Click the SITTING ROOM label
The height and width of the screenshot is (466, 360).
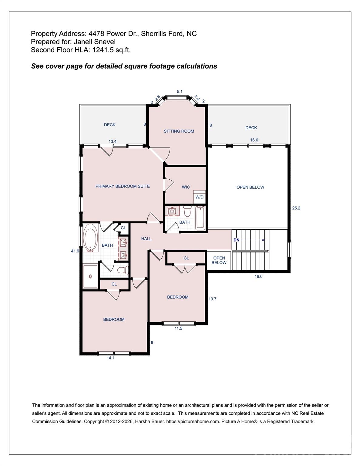point(179,131)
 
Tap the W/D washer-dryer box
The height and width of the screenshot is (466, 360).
point(199,197)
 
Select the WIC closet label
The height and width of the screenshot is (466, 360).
point(186,187)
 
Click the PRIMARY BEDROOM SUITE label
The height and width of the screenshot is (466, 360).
point(123,186)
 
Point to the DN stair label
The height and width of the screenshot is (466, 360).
point(236,240)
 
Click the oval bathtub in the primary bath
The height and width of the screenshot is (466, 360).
point(90,238)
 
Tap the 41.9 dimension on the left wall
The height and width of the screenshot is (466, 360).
point(75,251)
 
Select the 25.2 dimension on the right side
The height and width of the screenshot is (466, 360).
point(296,208)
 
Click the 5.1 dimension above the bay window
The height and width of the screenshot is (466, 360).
point(180,91)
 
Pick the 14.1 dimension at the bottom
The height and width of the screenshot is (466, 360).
point(110,358)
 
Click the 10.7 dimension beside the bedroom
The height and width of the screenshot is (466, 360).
point(212,299)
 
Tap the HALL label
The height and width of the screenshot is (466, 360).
point(146,239)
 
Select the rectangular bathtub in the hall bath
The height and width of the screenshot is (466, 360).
point(200,218)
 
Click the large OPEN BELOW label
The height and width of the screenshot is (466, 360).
point(250,187)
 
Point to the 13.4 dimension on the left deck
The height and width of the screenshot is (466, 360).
point(113,141)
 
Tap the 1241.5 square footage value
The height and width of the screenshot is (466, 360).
point(103,50)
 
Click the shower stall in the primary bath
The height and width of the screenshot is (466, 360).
point(90,276)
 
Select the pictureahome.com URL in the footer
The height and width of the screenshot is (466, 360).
point(193,421)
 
